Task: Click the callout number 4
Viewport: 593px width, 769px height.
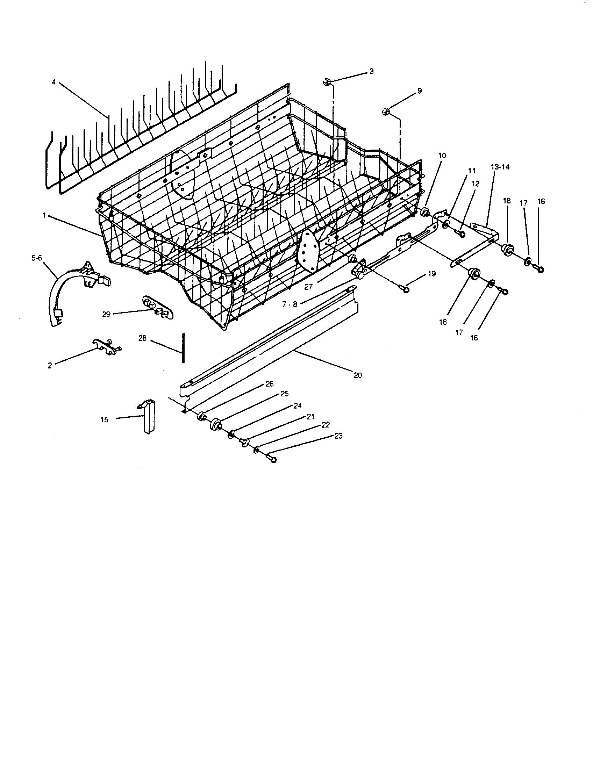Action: pyautogui.click(x=53, y=82)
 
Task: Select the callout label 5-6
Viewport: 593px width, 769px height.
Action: pyautogui.click(x=36, y=258)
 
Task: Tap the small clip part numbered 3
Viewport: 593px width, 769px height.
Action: pyautogui.click(x=326, y=83)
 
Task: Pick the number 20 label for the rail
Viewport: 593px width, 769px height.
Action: pyautogui.click(x=358, y=375)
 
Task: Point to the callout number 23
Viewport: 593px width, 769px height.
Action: pyautogui.click(x=338, y=436)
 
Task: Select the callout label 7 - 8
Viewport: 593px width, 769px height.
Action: pyautogui.click(x=290, y=304)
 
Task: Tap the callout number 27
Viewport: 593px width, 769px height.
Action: pyautogui.click(x=308, y=287)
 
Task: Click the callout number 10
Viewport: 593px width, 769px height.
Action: pyautogui.click(x=442, y=155)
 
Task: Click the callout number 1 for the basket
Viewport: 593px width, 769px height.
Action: pyautogui.click(x=44, y=215)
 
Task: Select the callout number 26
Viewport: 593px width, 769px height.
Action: pyautogui.click(x=269, y=384)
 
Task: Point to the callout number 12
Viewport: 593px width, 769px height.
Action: pyautogui.click(x=476, y=184)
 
